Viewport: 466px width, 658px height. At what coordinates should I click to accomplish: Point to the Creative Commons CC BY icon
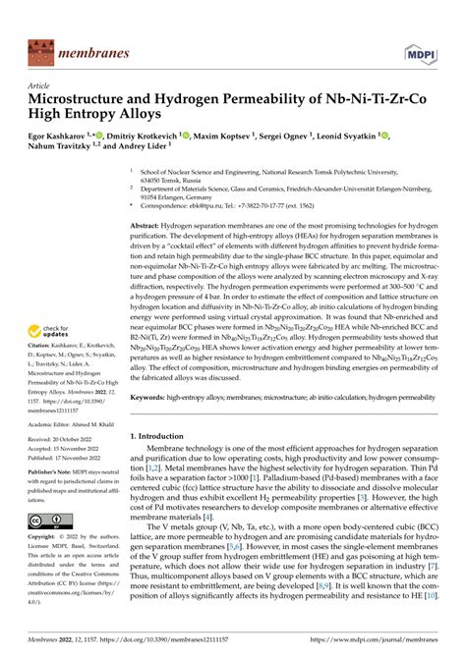click(46, 519)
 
